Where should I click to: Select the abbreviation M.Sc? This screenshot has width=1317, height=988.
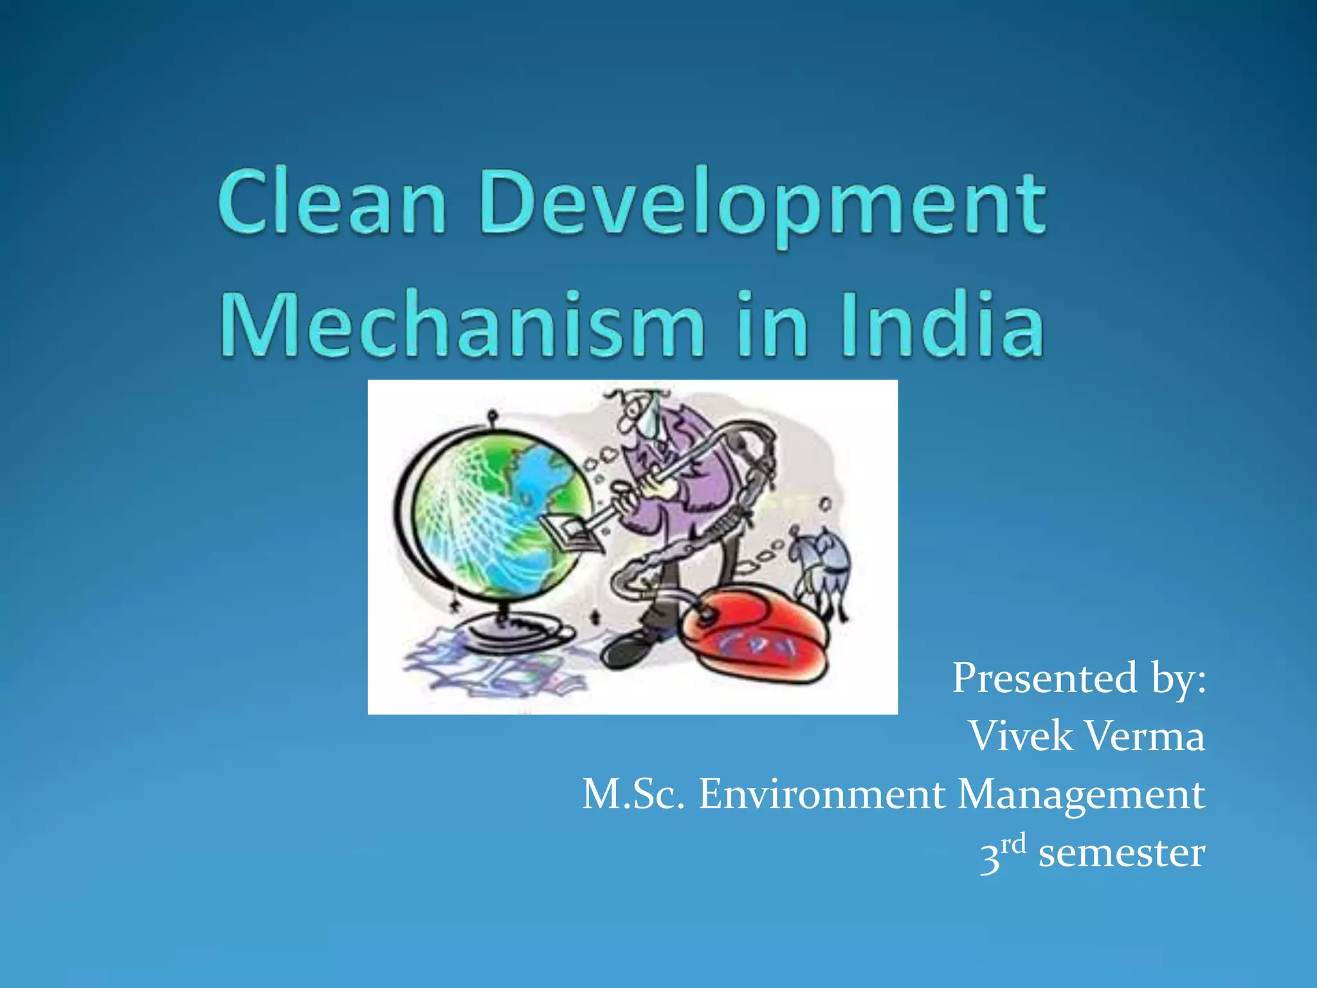(x=633, y=794)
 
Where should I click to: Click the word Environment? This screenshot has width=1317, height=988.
(x=822, y=794)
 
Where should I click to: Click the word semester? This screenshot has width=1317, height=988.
(x=1122, y=853)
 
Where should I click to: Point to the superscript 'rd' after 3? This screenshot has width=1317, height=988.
(x=1013, y=843)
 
